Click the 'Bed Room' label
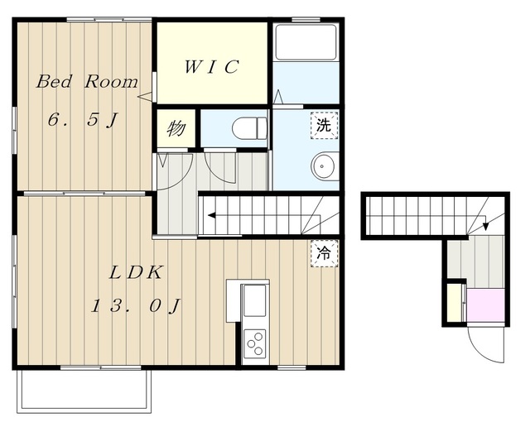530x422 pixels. [87, 81]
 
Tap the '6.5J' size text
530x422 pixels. [83, 120]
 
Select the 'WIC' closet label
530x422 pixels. [211, 66]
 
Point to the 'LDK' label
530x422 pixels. [136, 273]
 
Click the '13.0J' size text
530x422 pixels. [136, 306]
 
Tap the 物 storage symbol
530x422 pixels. [176, 128]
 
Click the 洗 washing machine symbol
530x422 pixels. [324, 125]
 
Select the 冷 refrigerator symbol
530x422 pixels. [324, 253]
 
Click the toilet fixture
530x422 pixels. [250, 128]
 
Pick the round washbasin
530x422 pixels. [325, 166]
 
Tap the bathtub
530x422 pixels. [306, 42]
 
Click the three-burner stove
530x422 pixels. [255, 344]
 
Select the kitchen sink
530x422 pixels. [254, 300]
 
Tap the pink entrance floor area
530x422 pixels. [486, 305]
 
